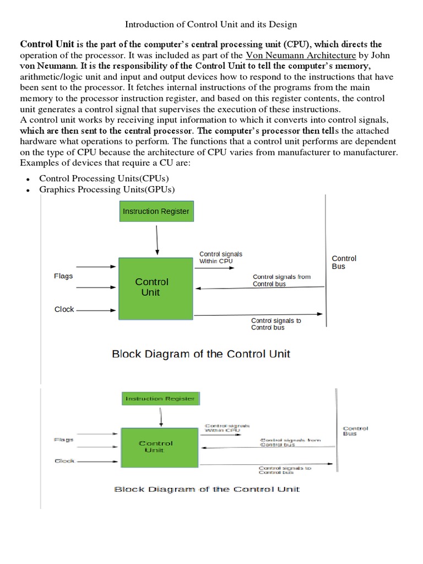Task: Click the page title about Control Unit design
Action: coord(211,24)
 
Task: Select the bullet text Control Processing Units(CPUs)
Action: coord(104,178)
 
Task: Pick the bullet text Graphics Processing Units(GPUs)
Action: coord(107,189)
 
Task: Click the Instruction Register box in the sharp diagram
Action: coord(156,211)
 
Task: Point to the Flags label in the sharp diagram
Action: coord(63,276)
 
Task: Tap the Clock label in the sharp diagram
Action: coord(64,310)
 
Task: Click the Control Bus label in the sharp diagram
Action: coord(344,262)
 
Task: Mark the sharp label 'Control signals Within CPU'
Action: coord(220,257)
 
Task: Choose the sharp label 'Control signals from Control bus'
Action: coord(281,280)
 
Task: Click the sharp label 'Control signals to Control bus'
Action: coord(276,324)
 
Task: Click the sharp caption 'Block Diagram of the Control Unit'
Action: coord(201,354)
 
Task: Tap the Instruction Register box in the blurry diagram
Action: coord(160,399)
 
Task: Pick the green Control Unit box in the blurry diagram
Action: coord(156,446)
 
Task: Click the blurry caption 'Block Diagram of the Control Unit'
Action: coord(207,489)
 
